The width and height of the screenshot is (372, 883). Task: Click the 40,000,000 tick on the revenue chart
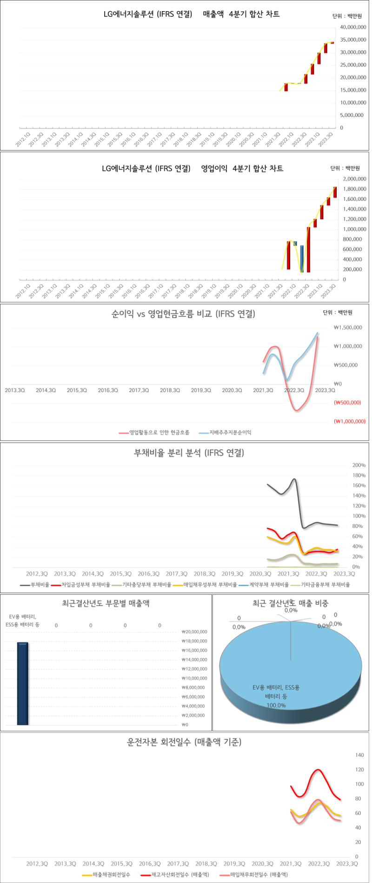(353, 27)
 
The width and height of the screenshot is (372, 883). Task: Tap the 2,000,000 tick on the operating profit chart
(354, 179)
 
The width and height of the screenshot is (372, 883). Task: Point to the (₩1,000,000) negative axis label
(350, 421)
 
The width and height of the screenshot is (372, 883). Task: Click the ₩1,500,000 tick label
(348, 328)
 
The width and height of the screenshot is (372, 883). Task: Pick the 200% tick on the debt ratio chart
(359, 465)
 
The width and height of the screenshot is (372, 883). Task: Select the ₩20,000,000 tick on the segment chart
(194, 632)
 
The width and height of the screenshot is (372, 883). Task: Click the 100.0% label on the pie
(276, 705)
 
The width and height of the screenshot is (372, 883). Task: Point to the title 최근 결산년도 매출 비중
(290, 603)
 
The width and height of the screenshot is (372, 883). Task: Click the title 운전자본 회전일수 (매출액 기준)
(184, 742)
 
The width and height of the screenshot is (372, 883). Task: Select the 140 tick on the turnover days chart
(359, 755)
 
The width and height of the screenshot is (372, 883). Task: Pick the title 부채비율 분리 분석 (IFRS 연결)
(189, 453)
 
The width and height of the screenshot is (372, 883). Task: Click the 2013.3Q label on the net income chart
(15, 390)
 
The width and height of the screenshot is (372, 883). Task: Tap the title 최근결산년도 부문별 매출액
(106, 603)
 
